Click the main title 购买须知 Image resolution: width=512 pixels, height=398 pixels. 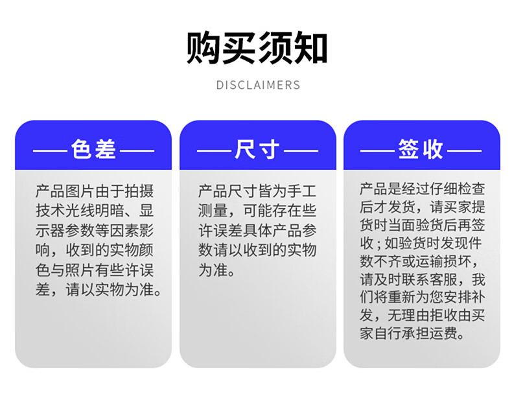tap(257, 47)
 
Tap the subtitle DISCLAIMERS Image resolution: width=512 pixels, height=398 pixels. tap(258, 85)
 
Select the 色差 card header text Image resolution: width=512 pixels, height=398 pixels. tap(93, 149)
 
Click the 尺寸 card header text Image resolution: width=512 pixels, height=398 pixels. tap(257, 149)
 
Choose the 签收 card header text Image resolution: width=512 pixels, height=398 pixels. tap(421, 149)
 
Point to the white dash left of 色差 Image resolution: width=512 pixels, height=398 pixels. tap(51, 151)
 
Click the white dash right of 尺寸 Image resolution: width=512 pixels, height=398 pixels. tap(301, 151)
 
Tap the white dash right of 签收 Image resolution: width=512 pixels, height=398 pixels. tap(464, 151)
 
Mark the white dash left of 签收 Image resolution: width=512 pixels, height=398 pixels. tap(377, 151)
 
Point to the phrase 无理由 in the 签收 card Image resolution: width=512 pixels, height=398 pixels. tap(408, 316)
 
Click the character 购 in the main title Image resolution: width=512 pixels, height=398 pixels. tap(204, 47)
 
